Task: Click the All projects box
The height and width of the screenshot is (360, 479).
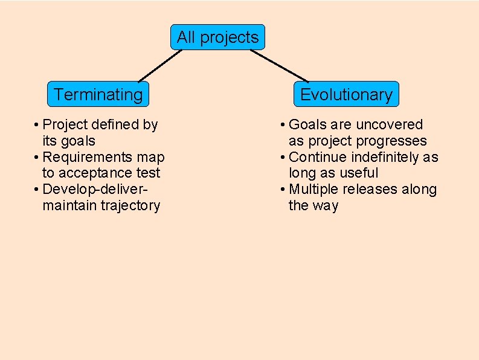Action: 217,37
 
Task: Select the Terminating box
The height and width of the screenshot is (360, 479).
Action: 98,94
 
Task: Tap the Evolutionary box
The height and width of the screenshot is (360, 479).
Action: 346,94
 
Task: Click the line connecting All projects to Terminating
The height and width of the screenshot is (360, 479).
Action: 159,66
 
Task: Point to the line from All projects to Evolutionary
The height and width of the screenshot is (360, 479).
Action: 279,66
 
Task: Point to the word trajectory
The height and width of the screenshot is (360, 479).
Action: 130,206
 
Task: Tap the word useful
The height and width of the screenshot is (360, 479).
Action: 359,173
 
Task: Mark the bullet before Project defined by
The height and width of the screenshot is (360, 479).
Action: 37,125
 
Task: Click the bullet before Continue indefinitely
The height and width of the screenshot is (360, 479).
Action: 283,158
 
